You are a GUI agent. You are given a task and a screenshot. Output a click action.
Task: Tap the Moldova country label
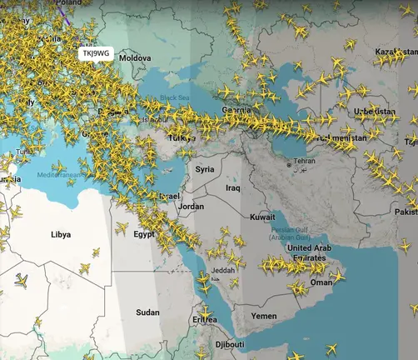[x=135, y=58]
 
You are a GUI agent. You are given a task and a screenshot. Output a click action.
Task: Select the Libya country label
[x=61, y=236]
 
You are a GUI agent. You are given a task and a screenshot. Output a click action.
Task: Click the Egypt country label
[x=144, y=234]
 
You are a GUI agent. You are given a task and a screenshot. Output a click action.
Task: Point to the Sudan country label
[x=147, y=312]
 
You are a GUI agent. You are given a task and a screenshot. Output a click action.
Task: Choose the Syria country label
[x=205, y=169]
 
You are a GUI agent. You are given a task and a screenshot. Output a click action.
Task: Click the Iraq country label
[x=233, y=188]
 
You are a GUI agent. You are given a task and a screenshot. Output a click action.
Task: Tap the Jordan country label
[x=192, y=206]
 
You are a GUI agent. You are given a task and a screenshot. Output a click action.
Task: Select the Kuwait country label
[x=262, y=217]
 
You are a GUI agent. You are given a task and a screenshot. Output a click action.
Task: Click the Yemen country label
[x=264, y=316]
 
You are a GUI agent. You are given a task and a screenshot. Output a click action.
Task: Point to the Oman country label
[x=321, y=282]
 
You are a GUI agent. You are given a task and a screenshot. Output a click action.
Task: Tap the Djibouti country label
[x=230, y=344]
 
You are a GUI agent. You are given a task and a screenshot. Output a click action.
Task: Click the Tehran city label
[x=305, y=160]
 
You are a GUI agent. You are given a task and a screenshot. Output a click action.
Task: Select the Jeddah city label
[x=223, y=270]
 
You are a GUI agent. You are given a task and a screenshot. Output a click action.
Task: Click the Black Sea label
[x=175, y=97]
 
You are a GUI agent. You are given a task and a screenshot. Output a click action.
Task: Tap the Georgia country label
[x=236, y=110]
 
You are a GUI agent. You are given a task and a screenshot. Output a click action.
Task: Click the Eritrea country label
[x=204, y=319]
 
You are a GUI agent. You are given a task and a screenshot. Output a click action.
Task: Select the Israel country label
[x=169, y=196]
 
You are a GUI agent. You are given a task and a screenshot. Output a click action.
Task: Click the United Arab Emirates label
[x=310, y=252]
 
